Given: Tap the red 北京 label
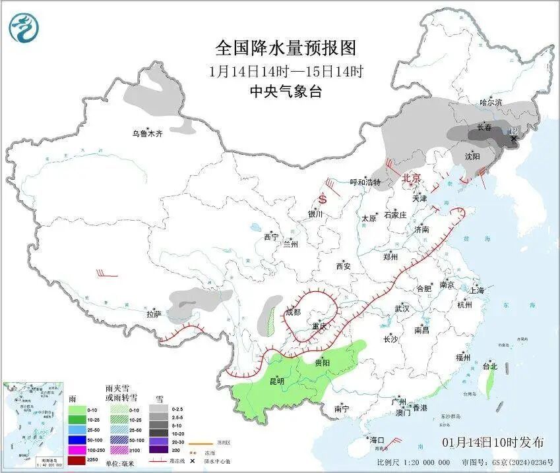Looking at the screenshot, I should pos(411,178).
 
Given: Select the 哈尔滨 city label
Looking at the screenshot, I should pos(491,102).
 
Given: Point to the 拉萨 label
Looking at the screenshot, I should pos(154,314).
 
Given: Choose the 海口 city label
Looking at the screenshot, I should pos(377,439).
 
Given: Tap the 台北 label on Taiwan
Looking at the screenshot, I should pos(490,366).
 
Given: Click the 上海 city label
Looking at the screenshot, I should pos(477,290).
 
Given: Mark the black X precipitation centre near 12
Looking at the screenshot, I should pos(513,138).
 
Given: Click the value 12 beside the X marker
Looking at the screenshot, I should pos(513,130).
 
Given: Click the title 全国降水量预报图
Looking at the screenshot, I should pos(286,48).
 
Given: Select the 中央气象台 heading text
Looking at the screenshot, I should pos(286,92).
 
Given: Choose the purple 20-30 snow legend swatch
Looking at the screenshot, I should pos(158,439).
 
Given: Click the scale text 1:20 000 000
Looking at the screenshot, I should pos(427,462).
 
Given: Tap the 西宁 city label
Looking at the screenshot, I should pos(271,237).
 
